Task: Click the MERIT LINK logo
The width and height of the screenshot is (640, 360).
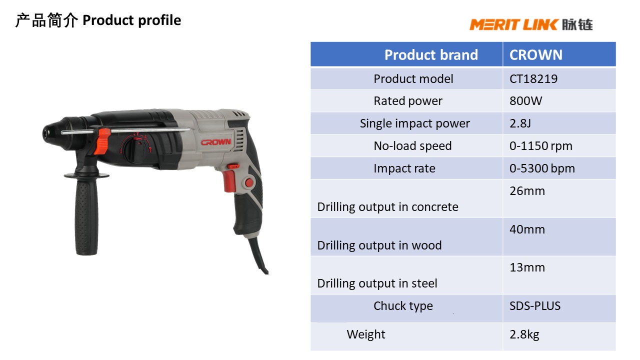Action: (530, 24)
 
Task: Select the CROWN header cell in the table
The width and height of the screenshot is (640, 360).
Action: (535, 54)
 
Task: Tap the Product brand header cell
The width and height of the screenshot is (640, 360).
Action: (430, 54)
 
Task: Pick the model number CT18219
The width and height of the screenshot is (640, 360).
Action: (533, 78)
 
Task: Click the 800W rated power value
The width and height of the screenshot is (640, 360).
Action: (525, 101)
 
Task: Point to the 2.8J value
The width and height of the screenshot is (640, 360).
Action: (520, 123)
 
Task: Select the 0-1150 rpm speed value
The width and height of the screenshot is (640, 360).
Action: (540, 146)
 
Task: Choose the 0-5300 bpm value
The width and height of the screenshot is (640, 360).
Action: (542, 168)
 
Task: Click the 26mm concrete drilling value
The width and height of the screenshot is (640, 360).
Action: (527, 191)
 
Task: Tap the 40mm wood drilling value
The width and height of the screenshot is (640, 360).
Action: (527, 229)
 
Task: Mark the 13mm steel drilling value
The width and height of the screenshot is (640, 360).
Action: (527, 267)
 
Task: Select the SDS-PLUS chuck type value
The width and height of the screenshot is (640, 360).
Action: (534, 306)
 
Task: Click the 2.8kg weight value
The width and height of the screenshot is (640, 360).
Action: (524, 334)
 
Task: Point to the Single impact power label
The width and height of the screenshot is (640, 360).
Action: (414, 123)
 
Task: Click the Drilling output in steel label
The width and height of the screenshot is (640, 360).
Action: (377, 283)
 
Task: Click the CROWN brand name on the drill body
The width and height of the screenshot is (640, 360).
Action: (216, 142)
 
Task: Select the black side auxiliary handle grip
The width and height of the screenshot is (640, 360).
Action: (86, 215)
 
